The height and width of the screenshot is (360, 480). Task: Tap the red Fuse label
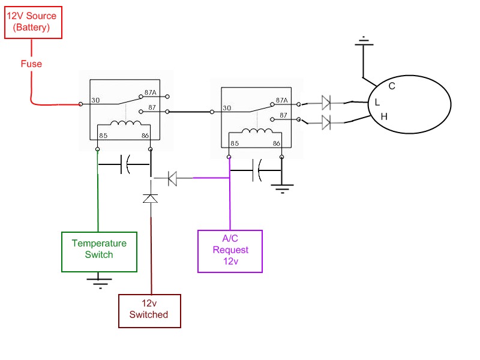click(x=31, y=64)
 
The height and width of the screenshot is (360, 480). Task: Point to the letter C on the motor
click(x=392, y=86)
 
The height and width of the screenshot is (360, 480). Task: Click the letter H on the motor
click(x=384, y=116)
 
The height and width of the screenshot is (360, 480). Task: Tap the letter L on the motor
click(x=377, y=102)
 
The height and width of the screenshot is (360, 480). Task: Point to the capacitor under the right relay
click(x=257, y=170)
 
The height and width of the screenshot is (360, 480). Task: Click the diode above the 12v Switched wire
click(x=151, y=199)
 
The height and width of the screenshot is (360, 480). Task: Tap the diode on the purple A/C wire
click(x=172, y=178)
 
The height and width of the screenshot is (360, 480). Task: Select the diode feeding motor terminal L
click(x=326, y=103)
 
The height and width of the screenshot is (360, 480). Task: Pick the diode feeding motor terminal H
click(x=326, y=123)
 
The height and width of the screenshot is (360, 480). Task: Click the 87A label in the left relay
click(x=151, y=92)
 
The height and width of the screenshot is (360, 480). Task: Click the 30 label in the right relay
click(x=227, y=108)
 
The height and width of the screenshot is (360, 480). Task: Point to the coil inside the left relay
click(x=126, y=123)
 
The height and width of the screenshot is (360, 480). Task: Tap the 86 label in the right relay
click(x=277, y=143)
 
